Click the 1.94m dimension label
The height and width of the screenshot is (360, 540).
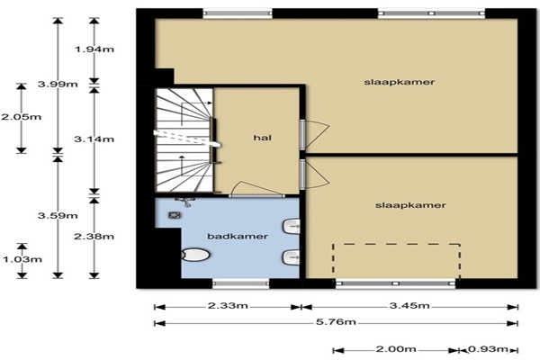[94, 49]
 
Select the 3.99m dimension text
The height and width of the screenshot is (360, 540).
[58, 84]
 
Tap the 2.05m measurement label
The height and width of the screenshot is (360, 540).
[22, 117]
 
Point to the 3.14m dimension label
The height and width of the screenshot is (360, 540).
[94, 139]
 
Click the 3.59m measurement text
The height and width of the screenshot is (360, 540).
[58, 216]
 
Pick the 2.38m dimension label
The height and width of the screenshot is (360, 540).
[94, 237]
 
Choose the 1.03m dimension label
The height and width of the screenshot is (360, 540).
[22, 259]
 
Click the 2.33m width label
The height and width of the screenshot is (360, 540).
[228, 306]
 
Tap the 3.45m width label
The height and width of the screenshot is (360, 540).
[409, 305]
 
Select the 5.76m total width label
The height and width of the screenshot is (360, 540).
[336, 322]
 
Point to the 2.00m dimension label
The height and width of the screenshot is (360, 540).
[396, 349]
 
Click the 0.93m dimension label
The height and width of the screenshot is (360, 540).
[489, 349]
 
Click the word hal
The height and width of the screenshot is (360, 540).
[263, 138]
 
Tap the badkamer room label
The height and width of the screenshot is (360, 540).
[238, 237]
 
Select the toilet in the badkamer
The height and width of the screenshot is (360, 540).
[195, 256]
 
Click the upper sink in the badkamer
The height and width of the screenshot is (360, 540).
[292, 226]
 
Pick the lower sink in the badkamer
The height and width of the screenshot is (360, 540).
[292, 257]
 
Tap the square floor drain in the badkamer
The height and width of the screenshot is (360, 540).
[175, 216]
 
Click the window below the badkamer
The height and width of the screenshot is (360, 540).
[240, 283]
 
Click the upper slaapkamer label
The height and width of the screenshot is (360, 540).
[400, 82]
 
